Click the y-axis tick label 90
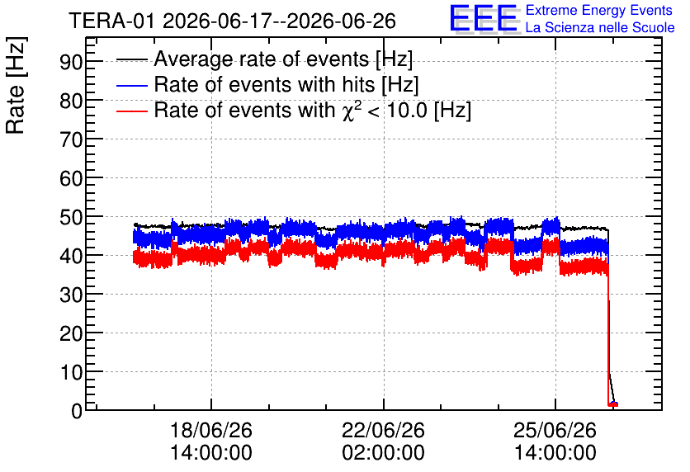71,62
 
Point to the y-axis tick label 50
71,217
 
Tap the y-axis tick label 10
71,373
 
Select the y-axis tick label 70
71,140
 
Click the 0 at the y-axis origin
77,412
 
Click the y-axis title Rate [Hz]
16,85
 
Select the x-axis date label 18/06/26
211,430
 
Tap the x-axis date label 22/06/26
383,430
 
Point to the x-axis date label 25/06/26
555,430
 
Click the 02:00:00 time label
383,453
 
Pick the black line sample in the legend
131,59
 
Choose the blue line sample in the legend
131,85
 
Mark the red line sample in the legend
131,111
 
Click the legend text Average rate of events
262,59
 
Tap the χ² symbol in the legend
348,111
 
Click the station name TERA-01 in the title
111,21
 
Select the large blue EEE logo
484,18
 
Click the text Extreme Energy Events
599,10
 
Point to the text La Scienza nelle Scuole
600,28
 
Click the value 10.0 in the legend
407,111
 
